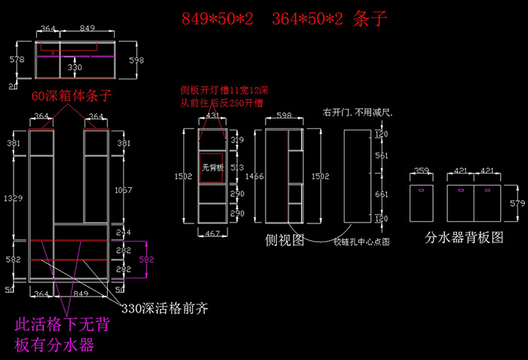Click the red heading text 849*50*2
click(219, 18)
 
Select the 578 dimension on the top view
click(12, 58)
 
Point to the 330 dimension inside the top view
click(75, 67)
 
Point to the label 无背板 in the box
click(212, 168)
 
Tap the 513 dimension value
click(237, 168)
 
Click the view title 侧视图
click(284, 240)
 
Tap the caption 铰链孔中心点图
click(361, 242)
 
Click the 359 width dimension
click(422, 171)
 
